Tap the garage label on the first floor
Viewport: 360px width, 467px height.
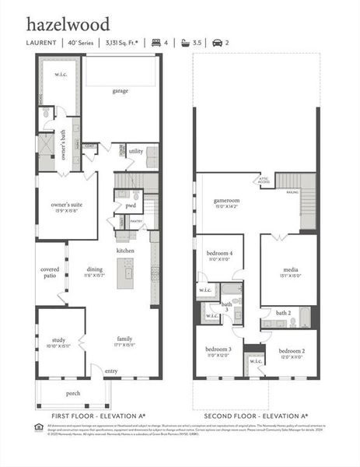[121, 91]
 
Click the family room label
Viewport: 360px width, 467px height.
[124, 339]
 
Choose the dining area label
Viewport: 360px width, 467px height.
[95, 270]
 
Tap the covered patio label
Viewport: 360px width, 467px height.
[50, 272]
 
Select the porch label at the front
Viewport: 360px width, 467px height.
[73, 393]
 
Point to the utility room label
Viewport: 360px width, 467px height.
[136, 151]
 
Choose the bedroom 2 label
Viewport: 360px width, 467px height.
[292, 351]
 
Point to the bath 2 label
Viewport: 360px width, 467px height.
[283, 313]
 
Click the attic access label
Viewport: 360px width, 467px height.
[264, 181]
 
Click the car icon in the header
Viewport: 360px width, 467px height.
[217, 43]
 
